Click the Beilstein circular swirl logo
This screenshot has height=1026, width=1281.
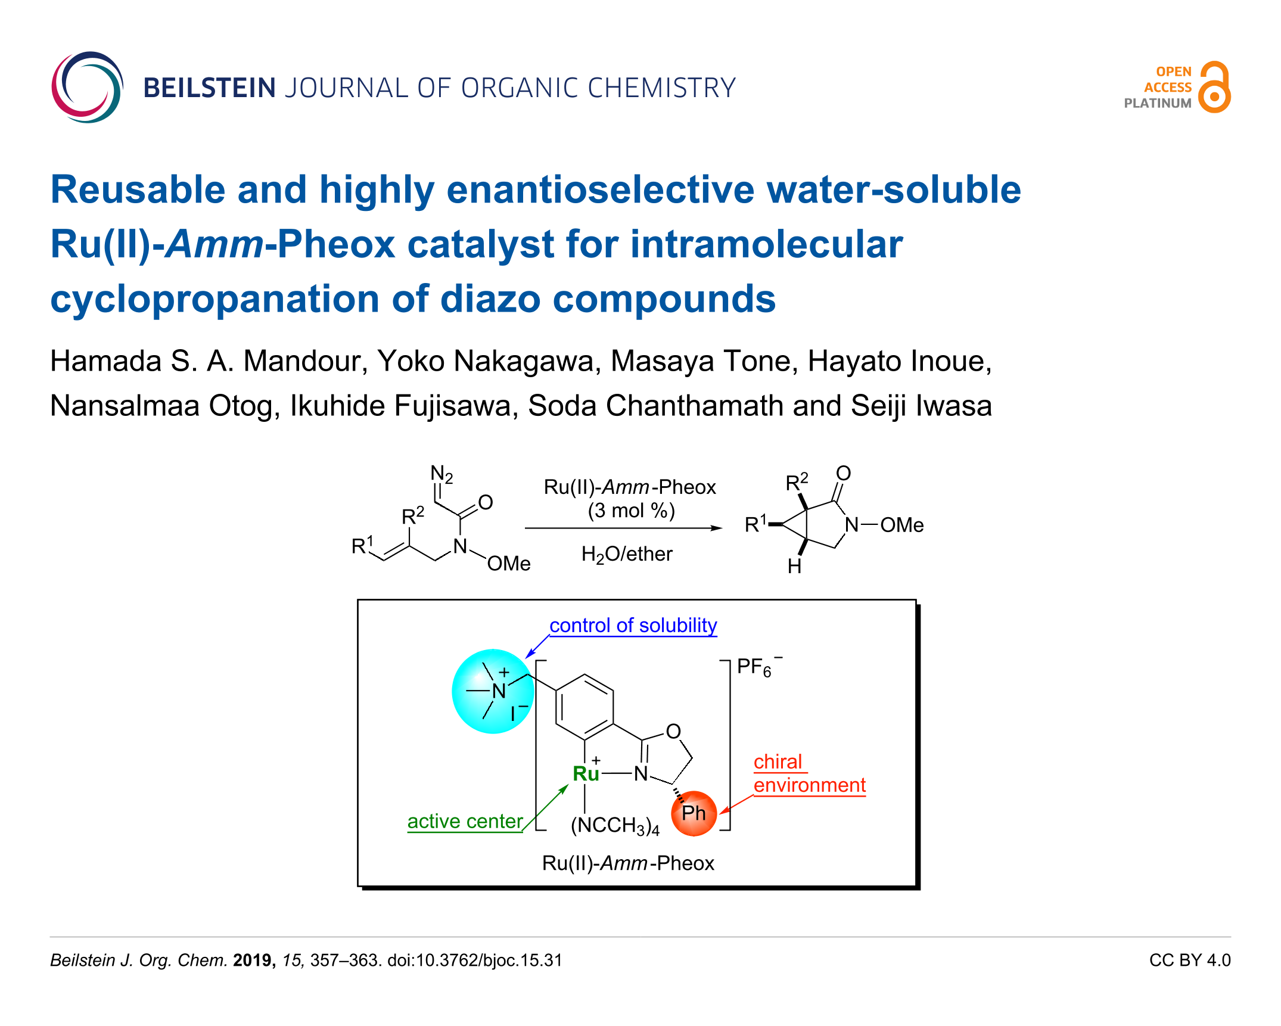[x=87, y=88]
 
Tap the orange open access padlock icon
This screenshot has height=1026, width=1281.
[x=1214, y=88]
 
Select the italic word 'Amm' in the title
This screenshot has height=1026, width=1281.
[x=215, y=245]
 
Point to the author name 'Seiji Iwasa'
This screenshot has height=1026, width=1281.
[x=921, y=406]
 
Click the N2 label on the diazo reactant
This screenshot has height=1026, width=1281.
[x=441, y=475]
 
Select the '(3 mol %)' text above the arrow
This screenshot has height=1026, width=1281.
[x=631, y=511]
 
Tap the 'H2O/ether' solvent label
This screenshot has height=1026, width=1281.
[x=627, y=554]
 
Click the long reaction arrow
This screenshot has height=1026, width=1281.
[x=623, y=528]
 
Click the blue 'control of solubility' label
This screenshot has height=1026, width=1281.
[x=633, y=626]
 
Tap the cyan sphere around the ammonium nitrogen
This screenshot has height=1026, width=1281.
[x=492, y=691]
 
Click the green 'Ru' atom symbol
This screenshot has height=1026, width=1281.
[x=586, y=774]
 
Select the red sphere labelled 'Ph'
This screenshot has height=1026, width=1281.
[x=694, y=813]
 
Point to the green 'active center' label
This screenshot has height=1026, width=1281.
[x=465, y=822]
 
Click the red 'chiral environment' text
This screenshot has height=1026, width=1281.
[x=809, y=774]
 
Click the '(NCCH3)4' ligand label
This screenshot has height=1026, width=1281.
[x=615, y=826]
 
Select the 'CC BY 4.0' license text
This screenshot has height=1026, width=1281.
[x=1189, y=960]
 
